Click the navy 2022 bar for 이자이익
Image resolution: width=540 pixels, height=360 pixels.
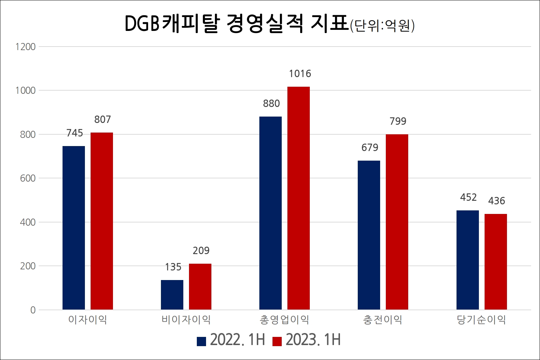[74, 227]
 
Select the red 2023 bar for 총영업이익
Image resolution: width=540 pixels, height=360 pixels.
[298, 198]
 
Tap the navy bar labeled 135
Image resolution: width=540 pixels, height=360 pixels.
[172, 295]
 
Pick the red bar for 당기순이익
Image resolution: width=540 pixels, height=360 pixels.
[496, 262]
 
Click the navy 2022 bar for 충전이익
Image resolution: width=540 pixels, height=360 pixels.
[369, 235]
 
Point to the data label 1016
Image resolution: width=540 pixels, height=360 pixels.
[300, 74]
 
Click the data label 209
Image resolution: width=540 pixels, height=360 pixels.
[201, 251]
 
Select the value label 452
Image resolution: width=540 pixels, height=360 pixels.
[468, 198]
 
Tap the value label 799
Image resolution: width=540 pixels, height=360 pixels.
[398, 122]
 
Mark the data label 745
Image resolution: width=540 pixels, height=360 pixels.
[75, 133]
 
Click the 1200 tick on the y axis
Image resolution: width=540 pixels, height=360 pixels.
[26, 47]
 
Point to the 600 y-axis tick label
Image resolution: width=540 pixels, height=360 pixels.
[28, 178]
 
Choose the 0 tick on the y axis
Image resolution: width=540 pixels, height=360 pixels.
[33, 310]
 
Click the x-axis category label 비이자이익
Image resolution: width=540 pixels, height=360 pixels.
[186, 320]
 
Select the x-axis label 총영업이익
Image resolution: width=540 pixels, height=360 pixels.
[284, 320]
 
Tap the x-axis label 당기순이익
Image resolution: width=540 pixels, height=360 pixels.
[481, 320]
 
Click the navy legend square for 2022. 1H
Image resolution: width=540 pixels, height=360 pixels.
[201, 341]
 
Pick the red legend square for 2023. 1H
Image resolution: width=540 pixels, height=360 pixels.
[277, 341]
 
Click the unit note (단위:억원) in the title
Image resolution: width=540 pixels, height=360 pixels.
[382, 26]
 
